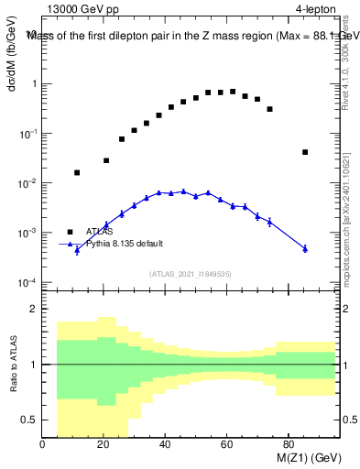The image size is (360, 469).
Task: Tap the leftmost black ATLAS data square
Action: click(77, 172)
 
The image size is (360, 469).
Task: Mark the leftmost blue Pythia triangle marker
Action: click(77, 248)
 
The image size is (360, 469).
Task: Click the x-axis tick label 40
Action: click(165, 445)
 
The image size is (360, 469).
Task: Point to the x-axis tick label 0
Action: click(43, 445)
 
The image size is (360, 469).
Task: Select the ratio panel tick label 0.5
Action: click(30, 419)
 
